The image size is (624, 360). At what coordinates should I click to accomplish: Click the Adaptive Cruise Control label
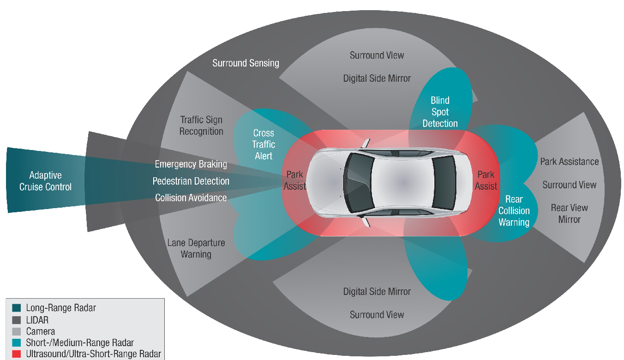[x=45, y=181]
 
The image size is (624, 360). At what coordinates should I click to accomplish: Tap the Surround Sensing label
[x=246, y=63]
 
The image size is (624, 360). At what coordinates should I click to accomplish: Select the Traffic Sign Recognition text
[x=201, y=126]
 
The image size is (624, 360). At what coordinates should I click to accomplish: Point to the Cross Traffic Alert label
[x=264, y=144]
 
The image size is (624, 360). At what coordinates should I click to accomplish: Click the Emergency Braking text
[x=191, y=164]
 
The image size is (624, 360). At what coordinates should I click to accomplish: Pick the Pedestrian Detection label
[x=191, y=181]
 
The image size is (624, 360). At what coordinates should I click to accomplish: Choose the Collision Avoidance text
[x=191, y=198]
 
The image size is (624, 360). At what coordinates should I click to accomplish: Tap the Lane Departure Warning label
[x=196, y=248]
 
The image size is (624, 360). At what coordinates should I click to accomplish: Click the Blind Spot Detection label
[x=440, y=112]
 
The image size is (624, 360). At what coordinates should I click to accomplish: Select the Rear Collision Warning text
[x=514, y=211]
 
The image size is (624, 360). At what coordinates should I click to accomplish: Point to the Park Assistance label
[x=569, y=162]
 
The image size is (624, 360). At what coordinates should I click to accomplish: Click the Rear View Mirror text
[x=569, y=213]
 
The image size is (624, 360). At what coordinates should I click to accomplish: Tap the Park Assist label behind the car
[x=486, y=180]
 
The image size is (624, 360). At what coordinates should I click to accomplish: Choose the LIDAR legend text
[x=37, y=319]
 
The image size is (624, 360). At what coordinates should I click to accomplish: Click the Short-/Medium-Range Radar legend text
[x=79, y=342]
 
